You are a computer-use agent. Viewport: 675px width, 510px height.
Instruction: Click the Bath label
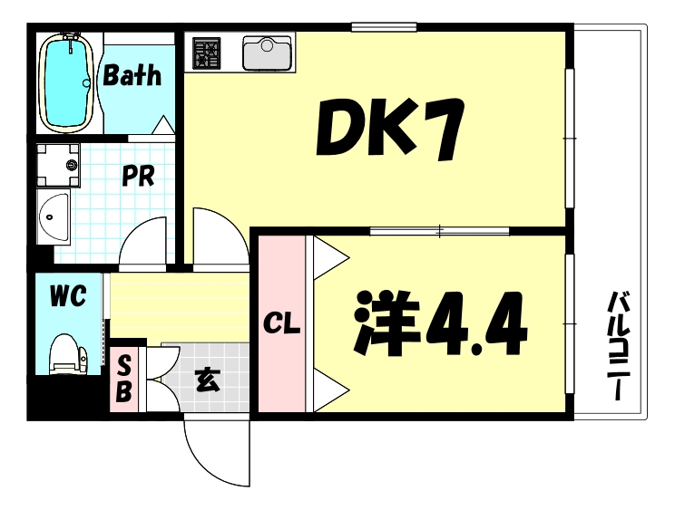point(132,75)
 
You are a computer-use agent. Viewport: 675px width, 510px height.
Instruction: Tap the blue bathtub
point(67,82)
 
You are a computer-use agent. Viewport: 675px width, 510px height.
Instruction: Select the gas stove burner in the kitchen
point(207,53)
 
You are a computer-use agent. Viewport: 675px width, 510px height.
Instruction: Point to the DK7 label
point(390,129)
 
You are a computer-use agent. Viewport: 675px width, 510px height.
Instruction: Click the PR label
point(138,175)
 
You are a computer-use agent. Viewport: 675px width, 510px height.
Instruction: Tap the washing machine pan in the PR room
point(58,165)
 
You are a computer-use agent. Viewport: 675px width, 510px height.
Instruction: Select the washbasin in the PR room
point(53,217)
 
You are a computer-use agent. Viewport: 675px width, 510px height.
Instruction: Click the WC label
point(68,295)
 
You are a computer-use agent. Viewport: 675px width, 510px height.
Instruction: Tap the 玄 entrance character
point(208,380)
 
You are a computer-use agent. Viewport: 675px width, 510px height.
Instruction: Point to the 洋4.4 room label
point(441,323)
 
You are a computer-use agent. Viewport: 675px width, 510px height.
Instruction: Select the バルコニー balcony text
point(618,346)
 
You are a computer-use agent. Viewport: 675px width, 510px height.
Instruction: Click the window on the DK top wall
point(384,27)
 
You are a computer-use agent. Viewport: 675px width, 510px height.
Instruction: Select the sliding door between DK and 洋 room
point(439,231)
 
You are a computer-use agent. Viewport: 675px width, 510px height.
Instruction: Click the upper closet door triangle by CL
point(330,258)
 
